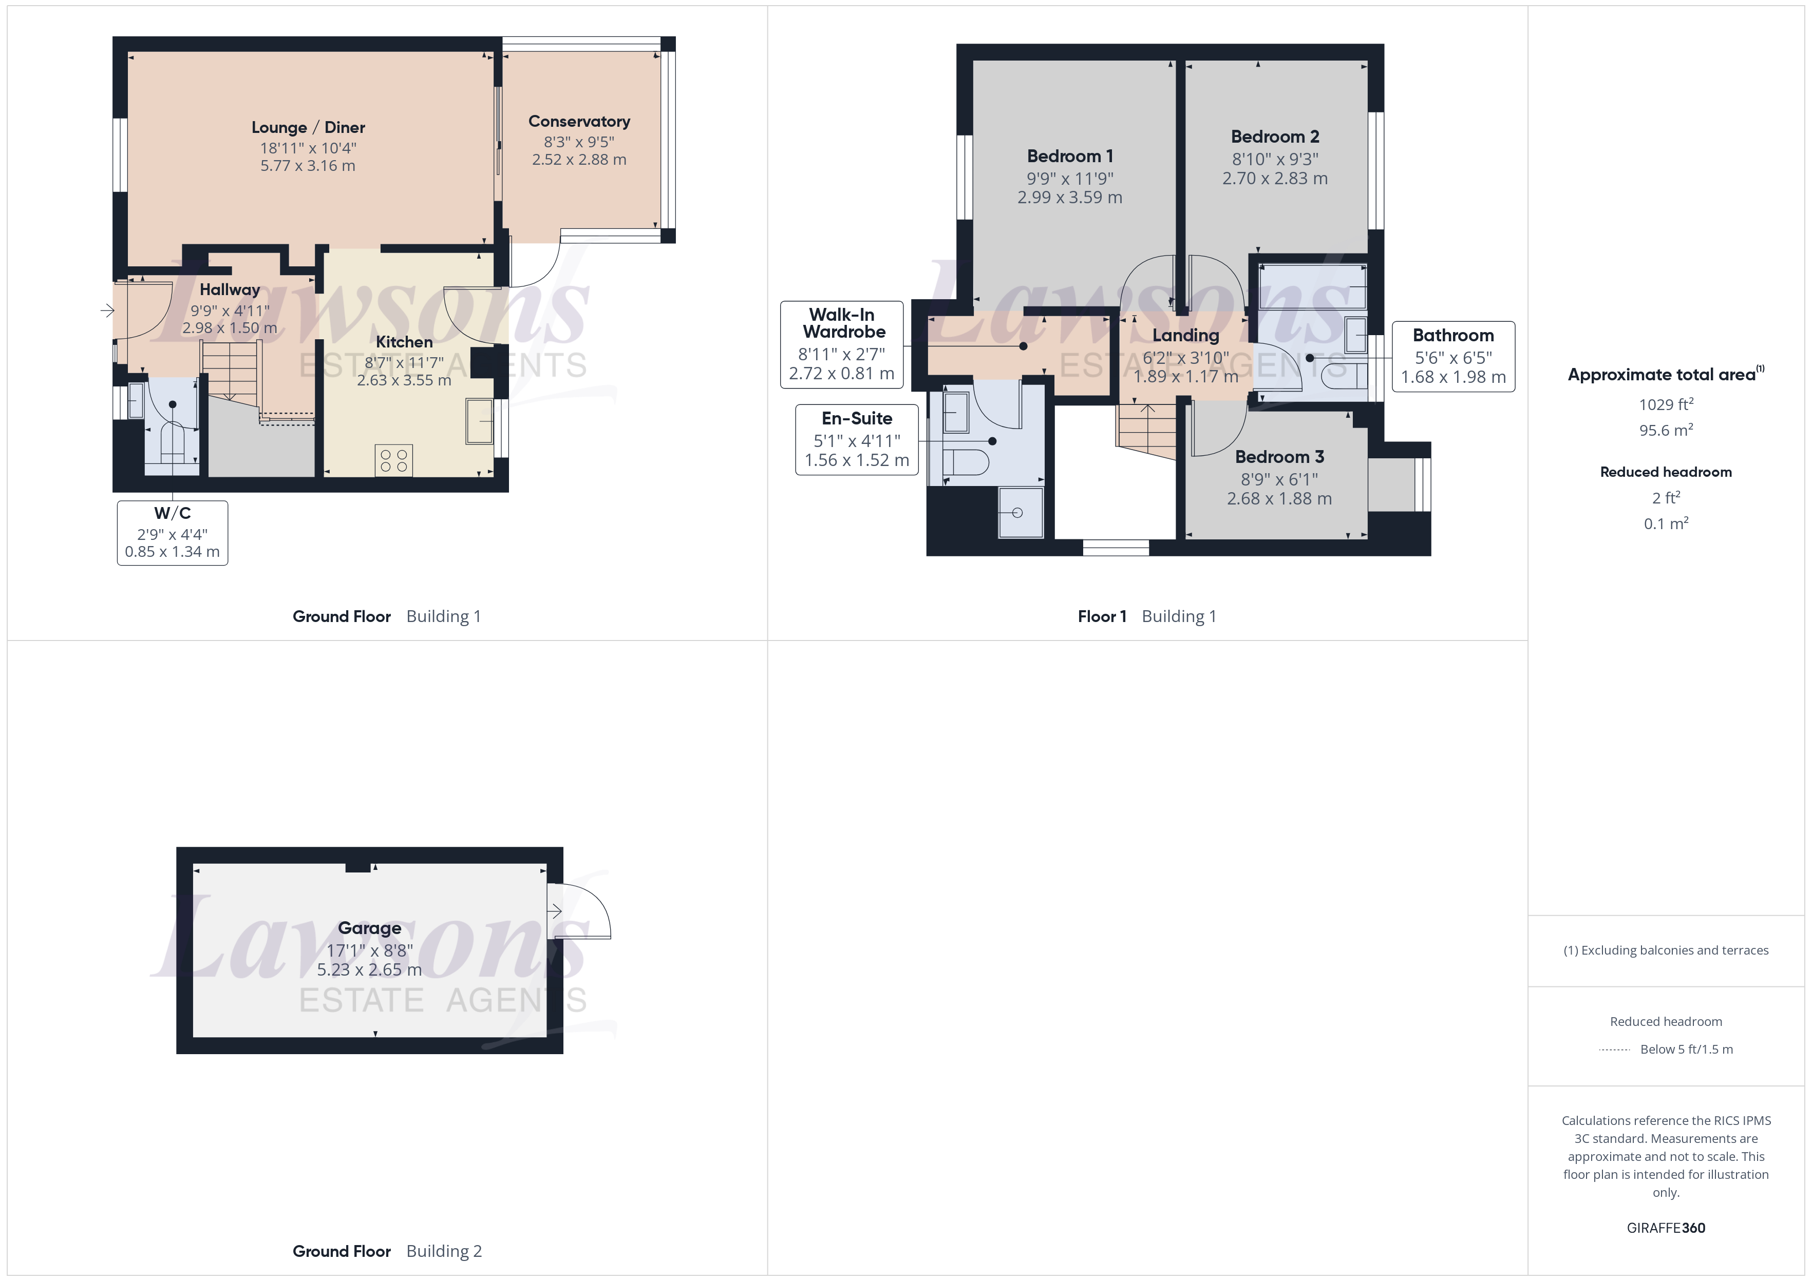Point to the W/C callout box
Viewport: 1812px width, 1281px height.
[x=172, y=532]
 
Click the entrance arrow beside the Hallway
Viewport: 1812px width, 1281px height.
[x=107, y=311]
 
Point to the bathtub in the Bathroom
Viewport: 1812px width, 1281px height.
[x=1312, y=285]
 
